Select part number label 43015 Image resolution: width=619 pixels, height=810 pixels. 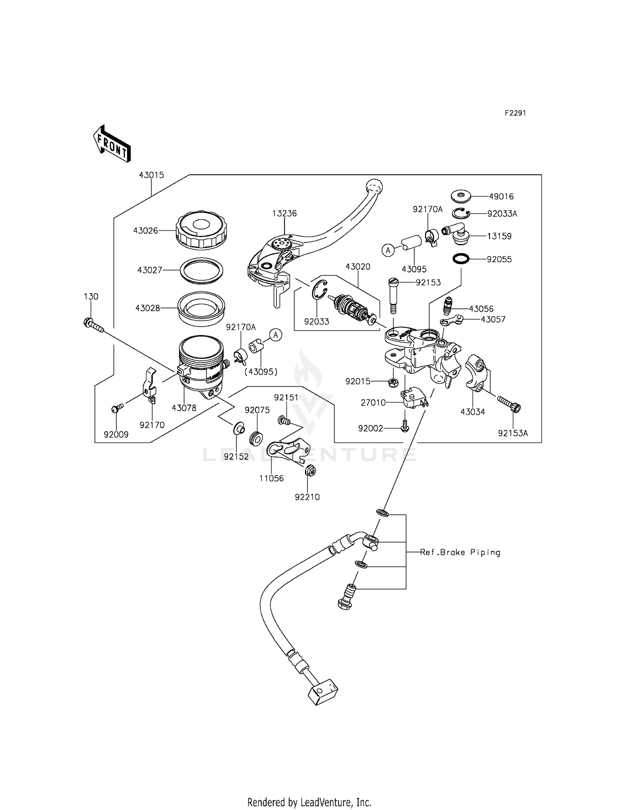point(151,175)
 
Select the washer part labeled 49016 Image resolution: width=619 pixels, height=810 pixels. point(461,196)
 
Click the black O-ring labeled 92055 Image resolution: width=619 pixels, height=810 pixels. point(461,259)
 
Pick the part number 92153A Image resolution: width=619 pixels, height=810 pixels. point(513,433)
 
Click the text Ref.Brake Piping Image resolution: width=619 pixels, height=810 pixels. point(460,552)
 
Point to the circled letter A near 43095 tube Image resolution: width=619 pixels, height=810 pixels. point(388,250)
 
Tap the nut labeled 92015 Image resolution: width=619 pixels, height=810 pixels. point(393,382)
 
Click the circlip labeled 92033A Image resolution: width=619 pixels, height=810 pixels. point(461,213)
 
